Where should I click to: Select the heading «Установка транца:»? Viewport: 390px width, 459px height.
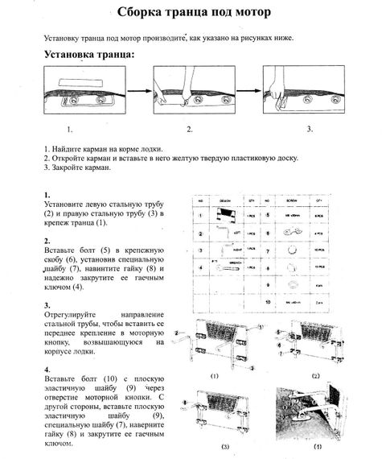coord(88,56)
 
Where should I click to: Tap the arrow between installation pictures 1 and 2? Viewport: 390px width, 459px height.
coord(140,93)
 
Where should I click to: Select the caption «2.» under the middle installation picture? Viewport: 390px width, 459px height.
coord(190,128)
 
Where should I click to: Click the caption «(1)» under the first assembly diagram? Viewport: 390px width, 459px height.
coord(214,375)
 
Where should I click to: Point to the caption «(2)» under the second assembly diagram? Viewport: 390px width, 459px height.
coord(316,375)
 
